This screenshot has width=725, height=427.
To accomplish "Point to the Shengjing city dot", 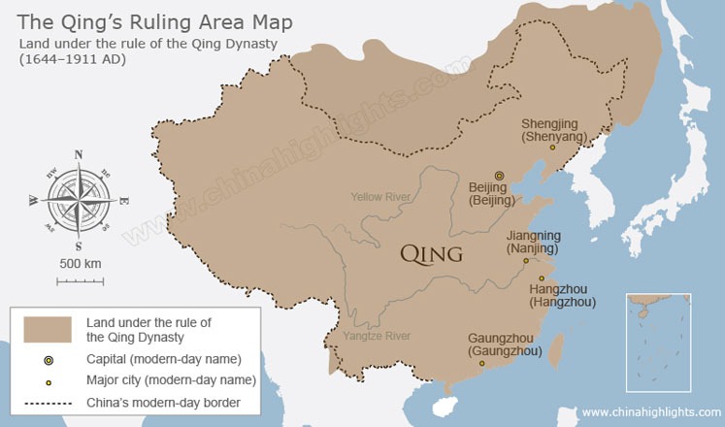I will (552, 148).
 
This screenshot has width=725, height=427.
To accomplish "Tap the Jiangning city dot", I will (525, 260).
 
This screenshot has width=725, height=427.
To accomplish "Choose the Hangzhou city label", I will (562, 296).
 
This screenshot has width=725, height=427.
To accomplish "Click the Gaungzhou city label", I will (504, 345).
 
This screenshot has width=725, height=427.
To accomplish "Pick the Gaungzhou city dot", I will (482, 364).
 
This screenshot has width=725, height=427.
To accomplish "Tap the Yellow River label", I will (380, 197).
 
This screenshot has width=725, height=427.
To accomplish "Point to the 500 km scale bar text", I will (80, 264).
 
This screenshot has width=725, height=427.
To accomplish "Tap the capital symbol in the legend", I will (49, 360).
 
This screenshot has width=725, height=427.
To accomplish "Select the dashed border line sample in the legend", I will (49, 402).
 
